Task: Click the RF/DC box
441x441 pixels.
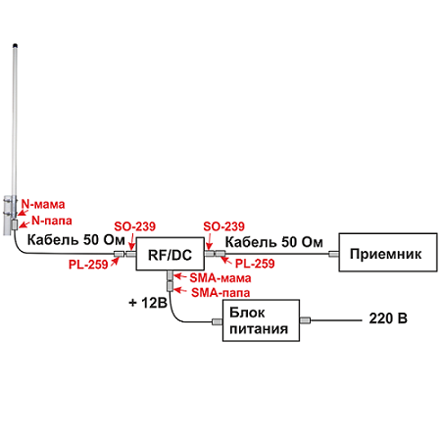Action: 171,254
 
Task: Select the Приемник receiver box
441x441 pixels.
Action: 388,252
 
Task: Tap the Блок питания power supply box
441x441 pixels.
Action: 261,320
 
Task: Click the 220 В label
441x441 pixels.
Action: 388,318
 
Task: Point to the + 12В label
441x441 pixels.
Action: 148,303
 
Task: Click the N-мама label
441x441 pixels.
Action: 43,204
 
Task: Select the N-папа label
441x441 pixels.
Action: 52,220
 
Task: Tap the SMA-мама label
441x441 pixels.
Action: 220,278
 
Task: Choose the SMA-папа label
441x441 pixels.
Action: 220,293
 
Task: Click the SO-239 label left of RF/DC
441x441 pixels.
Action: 134,226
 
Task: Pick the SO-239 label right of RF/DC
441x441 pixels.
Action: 223,226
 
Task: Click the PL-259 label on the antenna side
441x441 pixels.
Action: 88,265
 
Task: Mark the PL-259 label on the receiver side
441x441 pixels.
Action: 255,264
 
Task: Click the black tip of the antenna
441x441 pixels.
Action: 15,45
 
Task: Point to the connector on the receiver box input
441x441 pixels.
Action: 333,254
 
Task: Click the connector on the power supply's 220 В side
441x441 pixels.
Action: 305,320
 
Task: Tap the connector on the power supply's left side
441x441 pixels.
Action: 218,321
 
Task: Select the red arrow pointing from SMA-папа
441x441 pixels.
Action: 180,290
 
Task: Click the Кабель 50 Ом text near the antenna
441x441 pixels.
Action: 76,240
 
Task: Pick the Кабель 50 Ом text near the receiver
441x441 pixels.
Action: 274,242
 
